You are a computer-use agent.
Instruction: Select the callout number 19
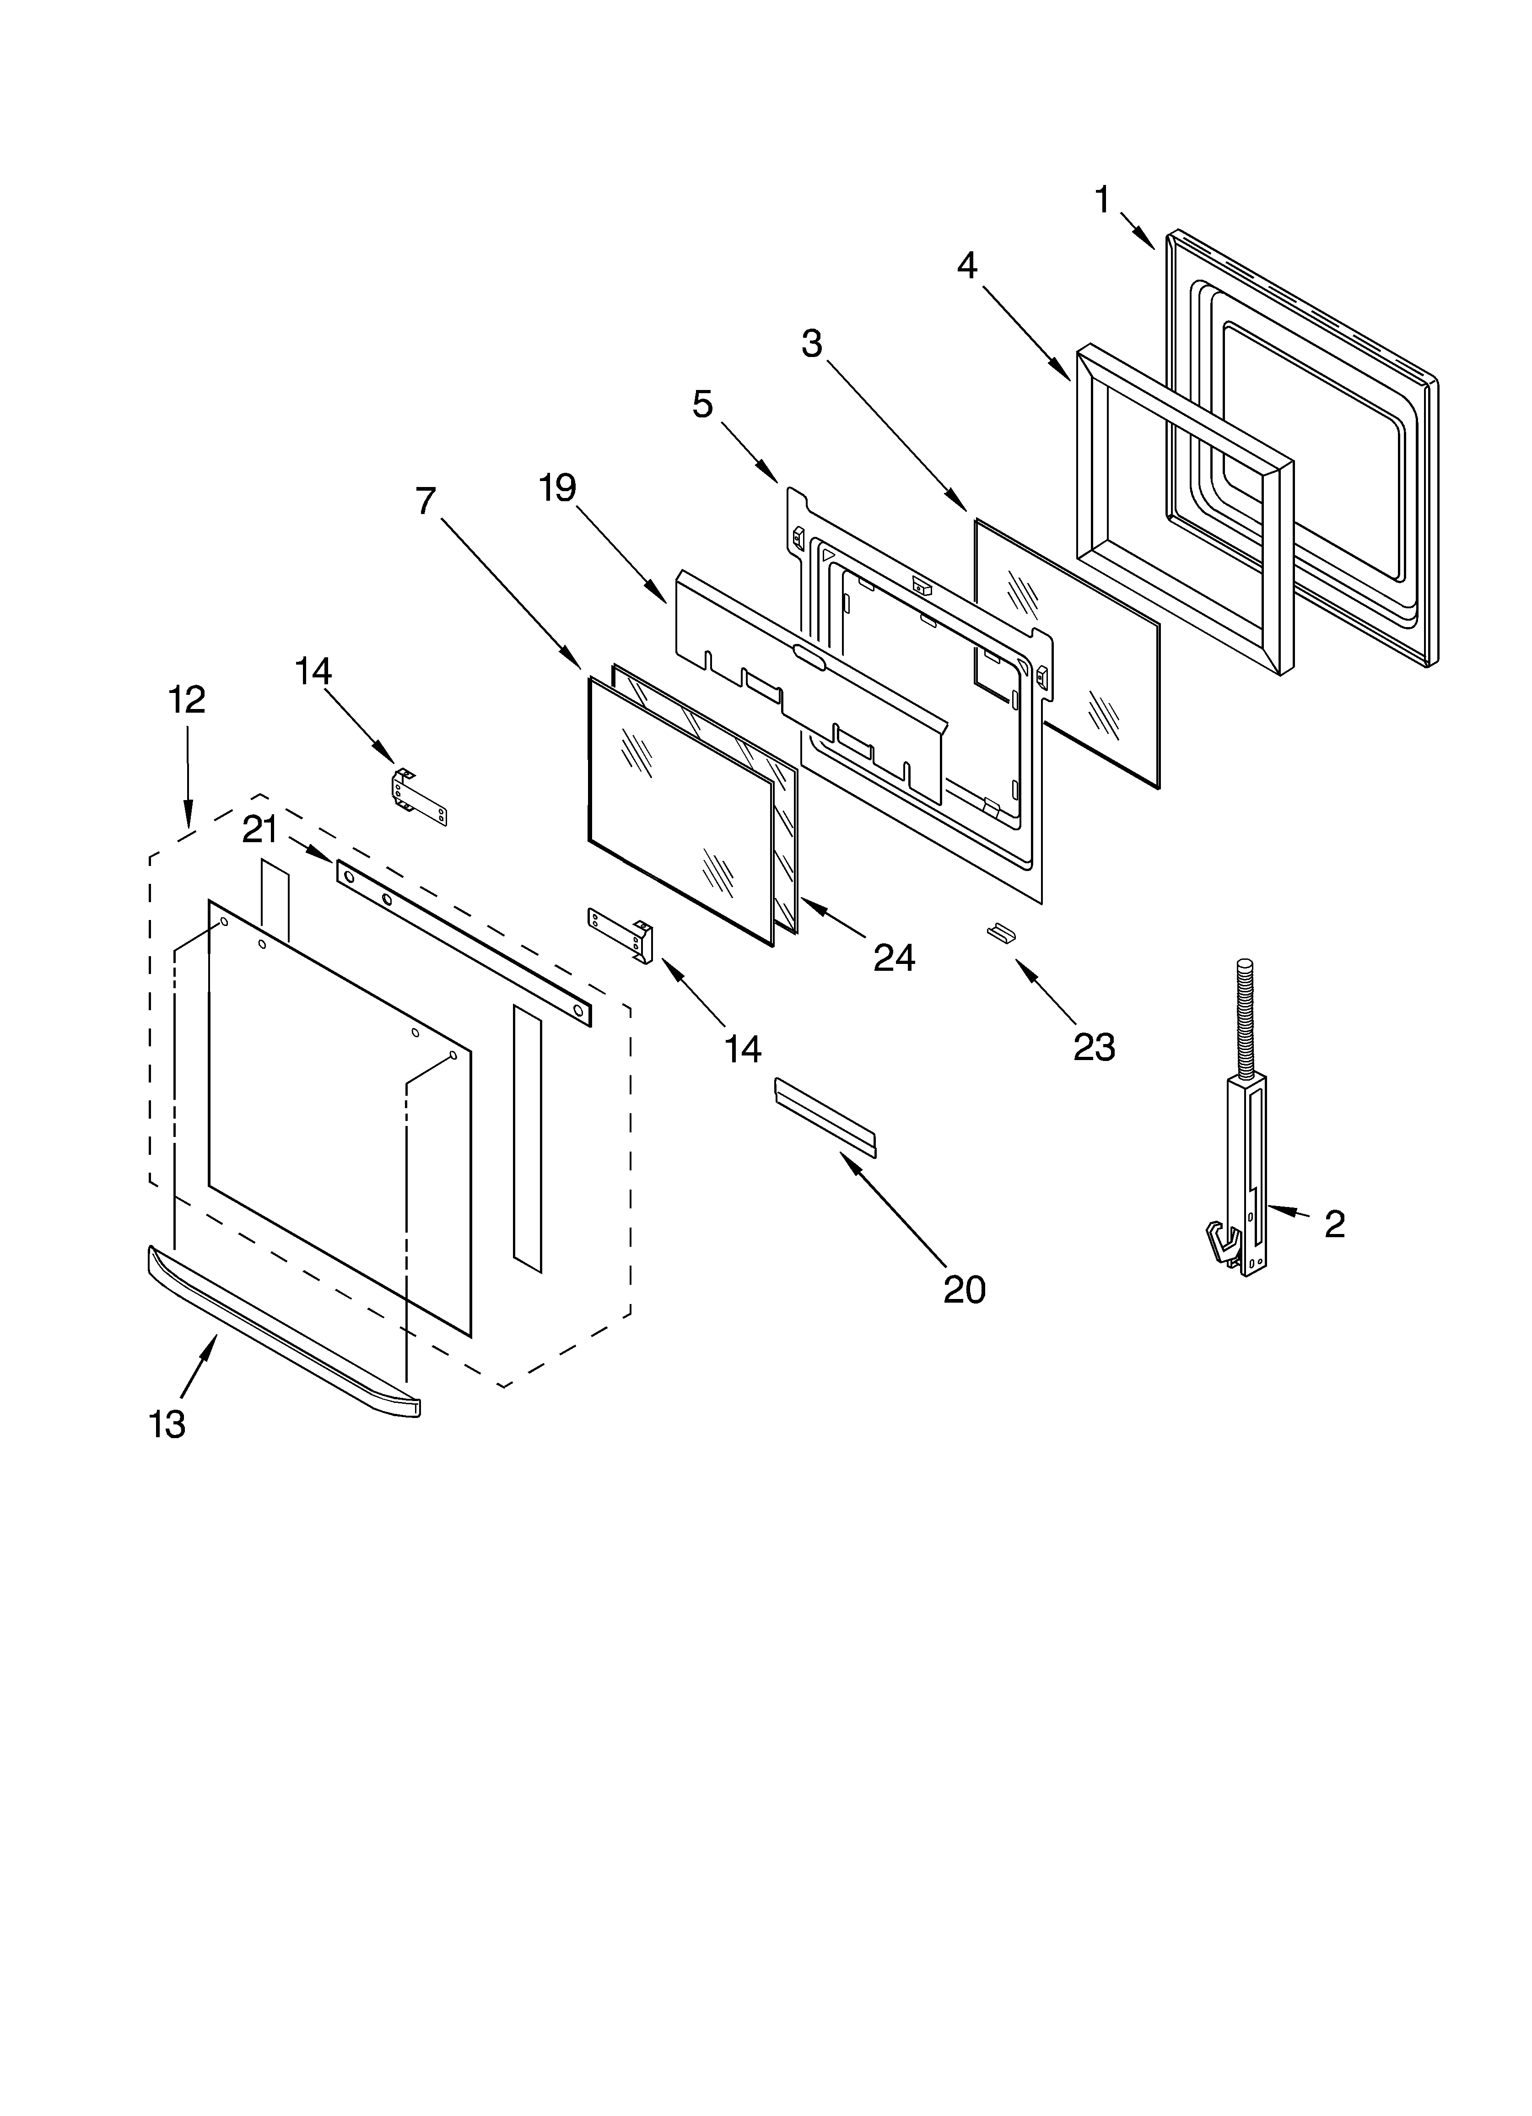tap(558, 488)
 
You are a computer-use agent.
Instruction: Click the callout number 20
tap(964, 1290)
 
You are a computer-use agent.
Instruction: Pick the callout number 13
tap(167, 1425)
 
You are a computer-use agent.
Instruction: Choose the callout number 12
tap(187, 700)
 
